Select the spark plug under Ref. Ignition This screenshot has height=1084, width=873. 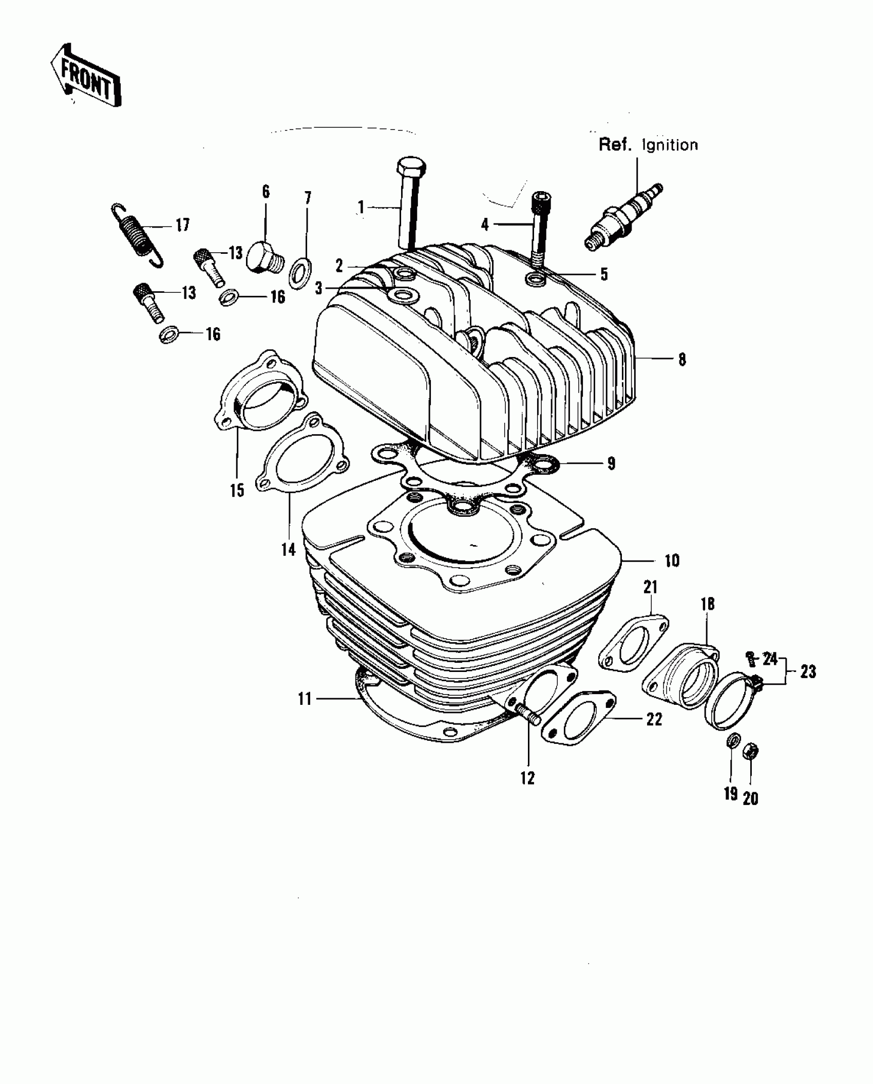pos(623,218)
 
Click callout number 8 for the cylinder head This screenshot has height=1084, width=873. pos(682,360)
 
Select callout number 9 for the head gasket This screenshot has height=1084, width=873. pos(611,463)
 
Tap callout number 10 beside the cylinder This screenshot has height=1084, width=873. pos(672,560)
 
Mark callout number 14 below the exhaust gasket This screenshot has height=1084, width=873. pos(289,549)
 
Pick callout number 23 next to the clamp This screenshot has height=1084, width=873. pos(808,671)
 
